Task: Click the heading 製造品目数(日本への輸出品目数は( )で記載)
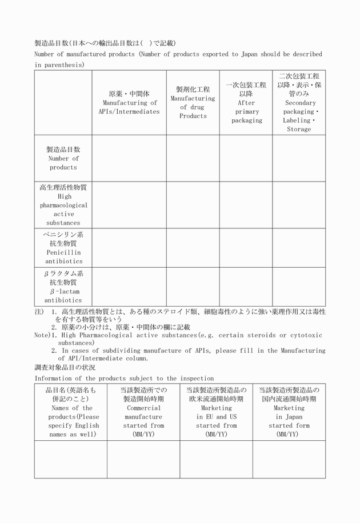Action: tap(105, 43)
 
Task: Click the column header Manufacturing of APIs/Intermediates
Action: tap(129, 103)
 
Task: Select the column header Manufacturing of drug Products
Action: tap(193, 103)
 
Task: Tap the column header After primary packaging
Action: tap(246, 103)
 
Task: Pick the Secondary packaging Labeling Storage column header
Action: tap(299, 103)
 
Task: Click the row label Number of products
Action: tap(63, 158)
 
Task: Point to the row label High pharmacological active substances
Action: tap(63, 205)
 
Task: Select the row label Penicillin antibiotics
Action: tap(63, 248)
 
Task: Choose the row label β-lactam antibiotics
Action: tap(63, 287)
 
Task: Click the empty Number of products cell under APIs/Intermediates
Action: tap(129, 158)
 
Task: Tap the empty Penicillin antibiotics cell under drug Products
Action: tap(193, 248)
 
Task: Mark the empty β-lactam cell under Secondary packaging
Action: tap(299, 287)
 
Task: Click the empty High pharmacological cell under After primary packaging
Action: tap(246, 205)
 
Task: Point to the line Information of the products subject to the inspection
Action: tap(124, 378)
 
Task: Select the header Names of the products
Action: tap(71, 412)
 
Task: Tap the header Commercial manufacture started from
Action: tap(143, 412)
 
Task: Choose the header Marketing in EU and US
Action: tap(216, 412)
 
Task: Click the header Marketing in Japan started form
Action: tap(289, 412)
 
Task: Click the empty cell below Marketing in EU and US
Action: tap(216, 459)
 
